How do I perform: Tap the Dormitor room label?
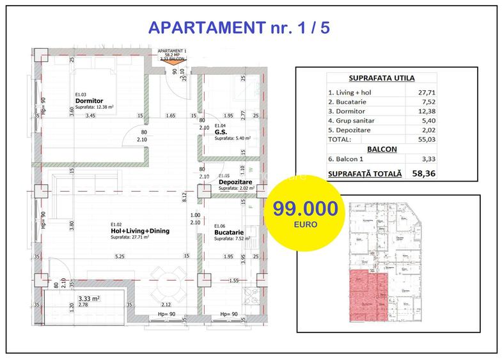pyautogui.click(x=89, y=101)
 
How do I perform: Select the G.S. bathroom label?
pyautogui.click(x=221, y=132)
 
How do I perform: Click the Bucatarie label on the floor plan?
pyautogui.click(x=229, y=232)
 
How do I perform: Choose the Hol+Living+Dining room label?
pyautogui.click(x=139, y=231)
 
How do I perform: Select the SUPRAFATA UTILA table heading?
pyautogui.click(x=382, y=78)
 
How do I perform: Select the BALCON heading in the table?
pyautogui.click(x=382, y=149)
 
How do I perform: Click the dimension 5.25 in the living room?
pyautogui.click(x=119, y=256)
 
